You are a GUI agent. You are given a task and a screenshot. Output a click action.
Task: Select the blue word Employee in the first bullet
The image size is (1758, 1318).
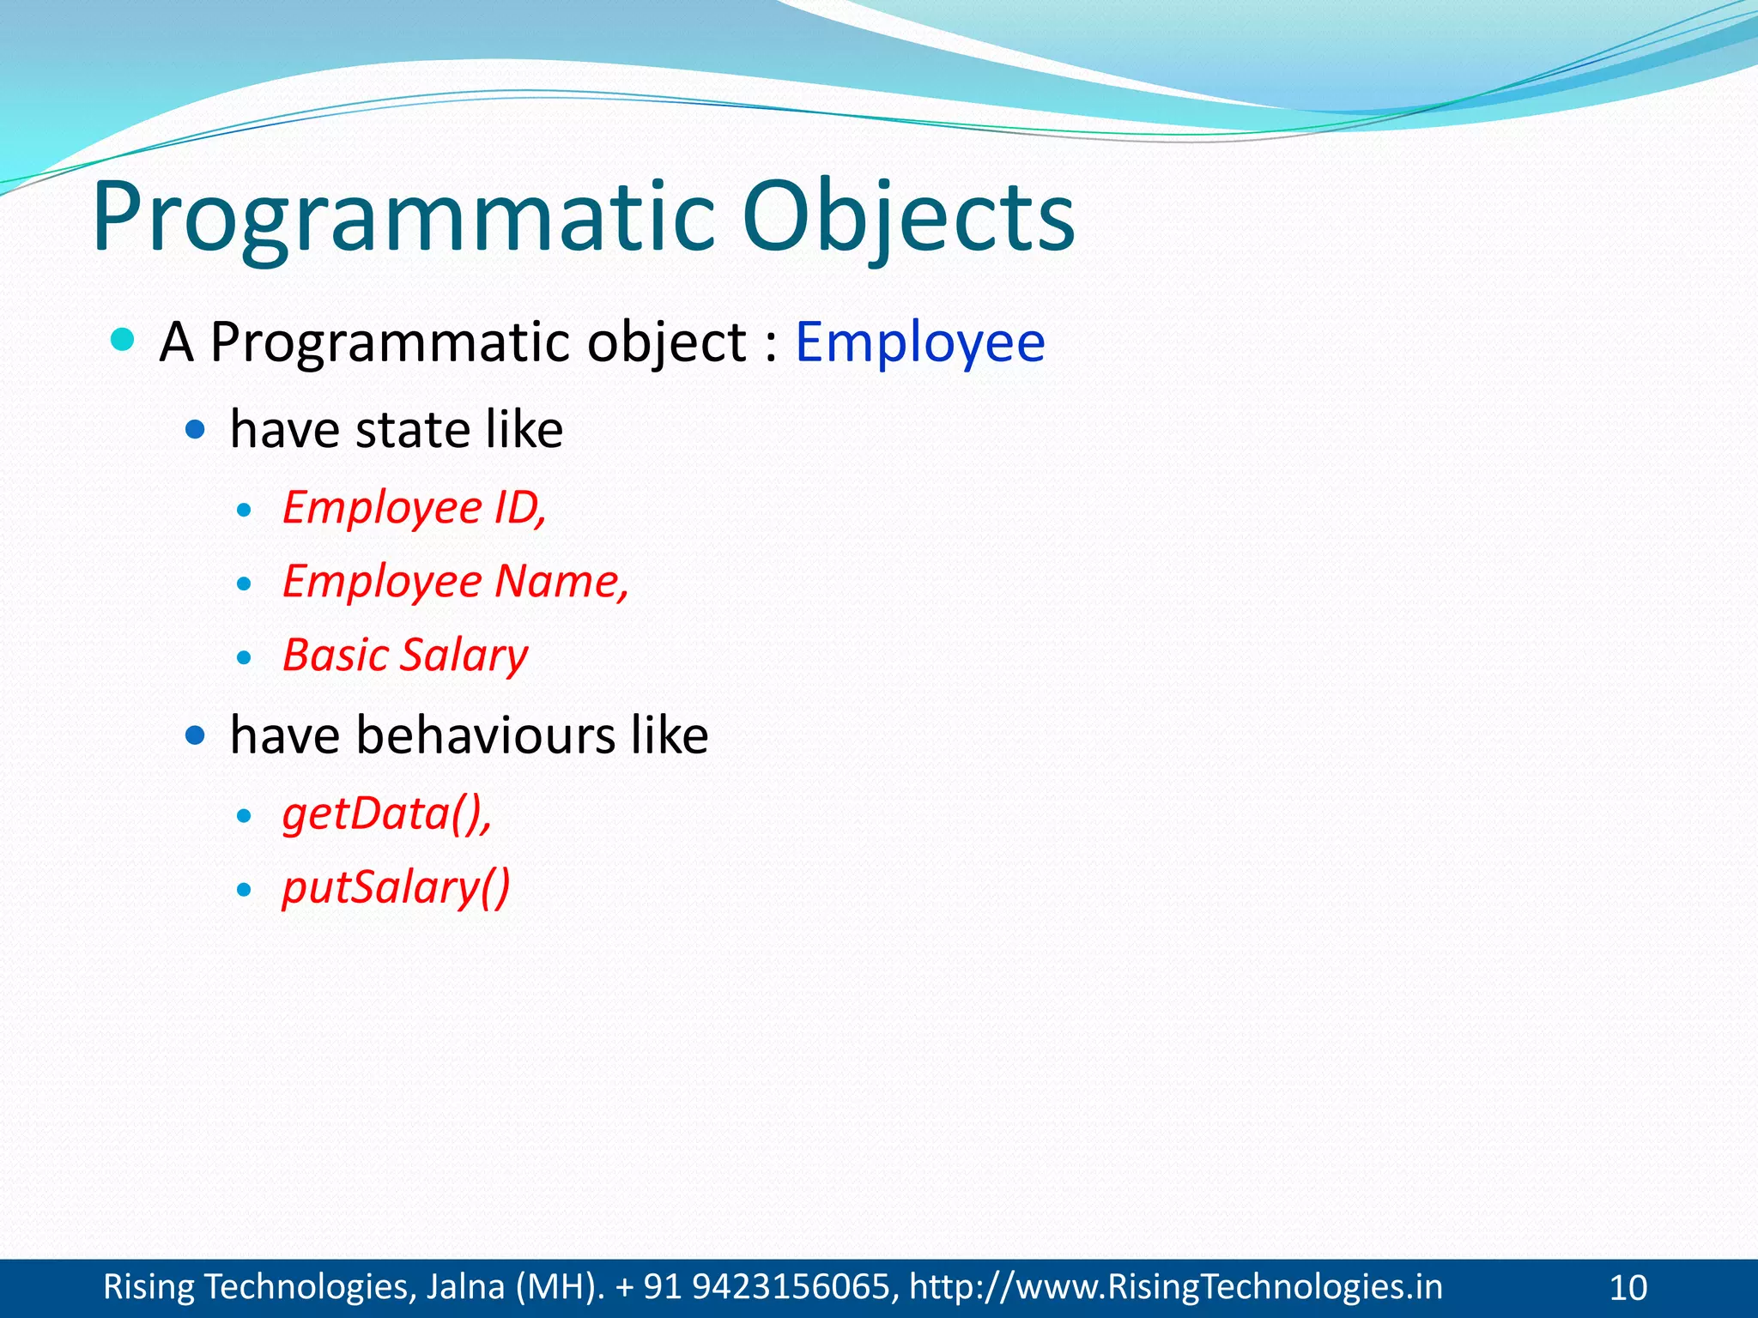pyautogui.click(x=919, y=342)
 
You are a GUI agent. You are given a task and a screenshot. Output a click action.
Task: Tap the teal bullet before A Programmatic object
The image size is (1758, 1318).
pyautogui.click(x=124, y=340)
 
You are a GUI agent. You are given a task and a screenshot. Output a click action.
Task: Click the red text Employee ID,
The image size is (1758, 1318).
pyautogui.click(x=415, y=507)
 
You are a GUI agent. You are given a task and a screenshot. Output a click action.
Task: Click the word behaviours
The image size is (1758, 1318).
pyautogui.click(x=485, y=735)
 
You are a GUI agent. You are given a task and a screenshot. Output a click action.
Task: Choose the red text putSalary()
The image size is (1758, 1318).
pyautogui.click(x=396, y=887)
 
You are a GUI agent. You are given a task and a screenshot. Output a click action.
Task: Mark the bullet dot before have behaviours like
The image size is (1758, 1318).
pyautogui.click(x=196, y=735)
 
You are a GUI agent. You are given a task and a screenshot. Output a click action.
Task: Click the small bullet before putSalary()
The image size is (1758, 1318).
pyautogui.click(x=245, y=890)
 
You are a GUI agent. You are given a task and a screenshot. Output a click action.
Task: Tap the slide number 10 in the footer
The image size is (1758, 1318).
pyautogui.click(x=1628, y=1288)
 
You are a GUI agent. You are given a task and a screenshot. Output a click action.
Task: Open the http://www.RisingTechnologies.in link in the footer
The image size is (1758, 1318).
pyautogui.click(x=1175, y=1287)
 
